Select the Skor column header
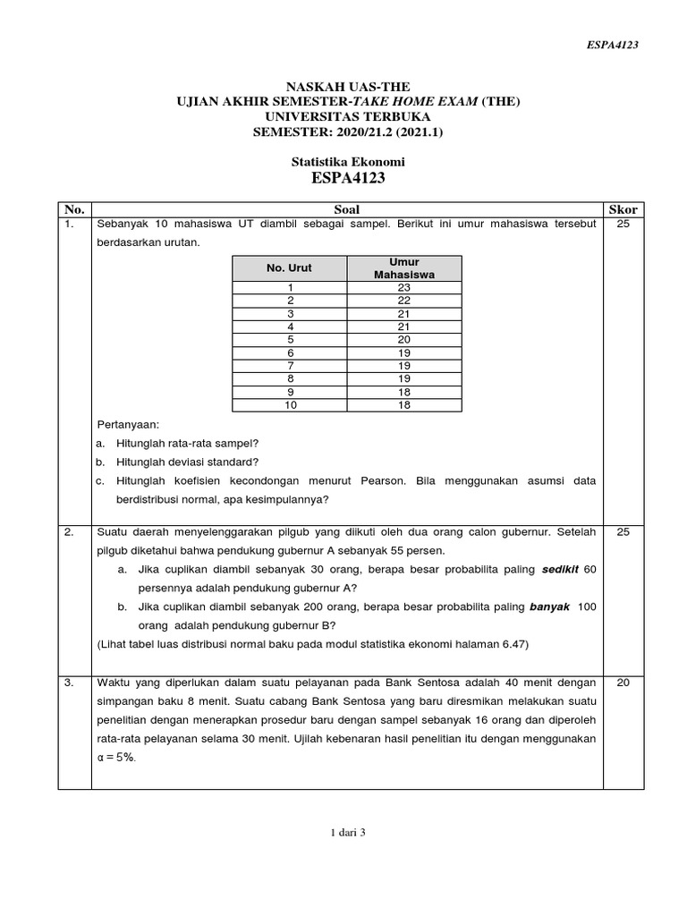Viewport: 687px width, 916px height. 623,209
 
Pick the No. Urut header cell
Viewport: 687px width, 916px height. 290,267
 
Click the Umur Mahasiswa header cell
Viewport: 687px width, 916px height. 404,267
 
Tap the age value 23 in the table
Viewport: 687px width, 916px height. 404,287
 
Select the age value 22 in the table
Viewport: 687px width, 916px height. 404,301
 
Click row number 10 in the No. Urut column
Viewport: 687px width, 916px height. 290,405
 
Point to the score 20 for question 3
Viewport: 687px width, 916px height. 623,683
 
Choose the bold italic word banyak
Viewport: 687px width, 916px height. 550,606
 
